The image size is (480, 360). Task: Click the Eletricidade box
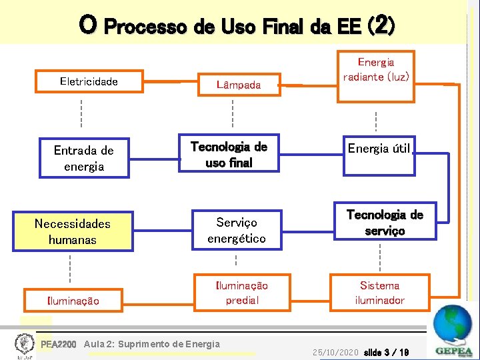tap(89, 82)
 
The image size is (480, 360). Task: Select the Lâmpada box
tap(238, 85)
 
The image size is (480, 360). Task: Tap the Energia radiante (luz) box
tap(375, 70)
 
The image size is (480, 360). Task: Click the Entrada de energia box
tap(84, 158)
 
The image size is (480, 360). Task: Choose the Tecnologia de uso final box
tap(229, 154)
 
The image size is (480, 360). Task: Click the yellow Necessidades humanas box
tap(72, 231)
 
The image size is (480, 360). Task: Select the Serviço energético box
tap(236, 230)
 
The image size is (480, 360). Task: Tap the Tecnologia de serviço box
tap(384, 223)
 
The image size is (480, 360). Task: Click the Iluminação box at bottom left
tap(73, 301)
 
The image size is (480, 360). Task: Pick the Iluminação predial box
tap(241, 293)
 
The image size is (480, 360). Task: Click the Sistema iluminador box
tap(379, 293)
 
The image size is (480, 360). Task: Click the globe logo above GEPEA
tap(452, 325)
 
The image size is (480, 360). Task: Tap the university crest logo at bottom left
tap(24, 345)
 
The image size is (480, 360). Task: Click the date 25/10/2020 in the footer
tap(335, 351)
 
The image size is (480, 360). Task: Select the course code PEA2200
tap(59, 345)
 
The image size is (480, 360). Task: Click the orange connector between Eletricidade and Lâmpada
tap(162, 82)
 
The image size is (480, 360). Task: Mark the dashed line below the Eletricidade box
tap(81, 113)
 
